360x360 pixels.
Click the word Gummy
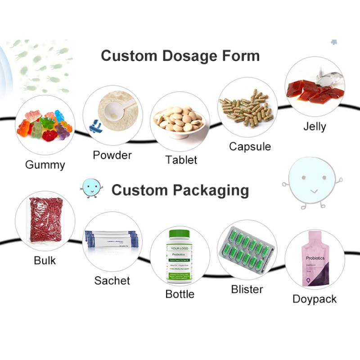(x=45, y=165)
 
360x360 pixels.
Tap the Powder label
(x=112, y=155)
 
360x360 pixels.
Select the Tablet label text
(x=181, y=160)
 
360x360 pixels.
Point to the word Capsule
(x=250, y=146)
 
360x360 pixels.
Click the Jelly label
(x=314, y=126)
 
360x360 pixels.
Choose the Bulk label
(x=45, y=260)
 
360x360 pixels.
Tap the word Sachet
(x=112, y=280)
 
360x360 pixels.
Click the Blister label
(x=247, y=289)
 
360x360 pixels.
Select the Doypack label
(x=314, y=299)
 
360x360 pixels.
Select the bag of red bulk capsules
(x=45, y=221)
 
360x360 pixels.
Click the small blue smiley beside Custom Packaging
(x=91, y=188)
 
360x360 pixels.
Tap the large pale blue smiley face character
(x=312, y=181)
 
